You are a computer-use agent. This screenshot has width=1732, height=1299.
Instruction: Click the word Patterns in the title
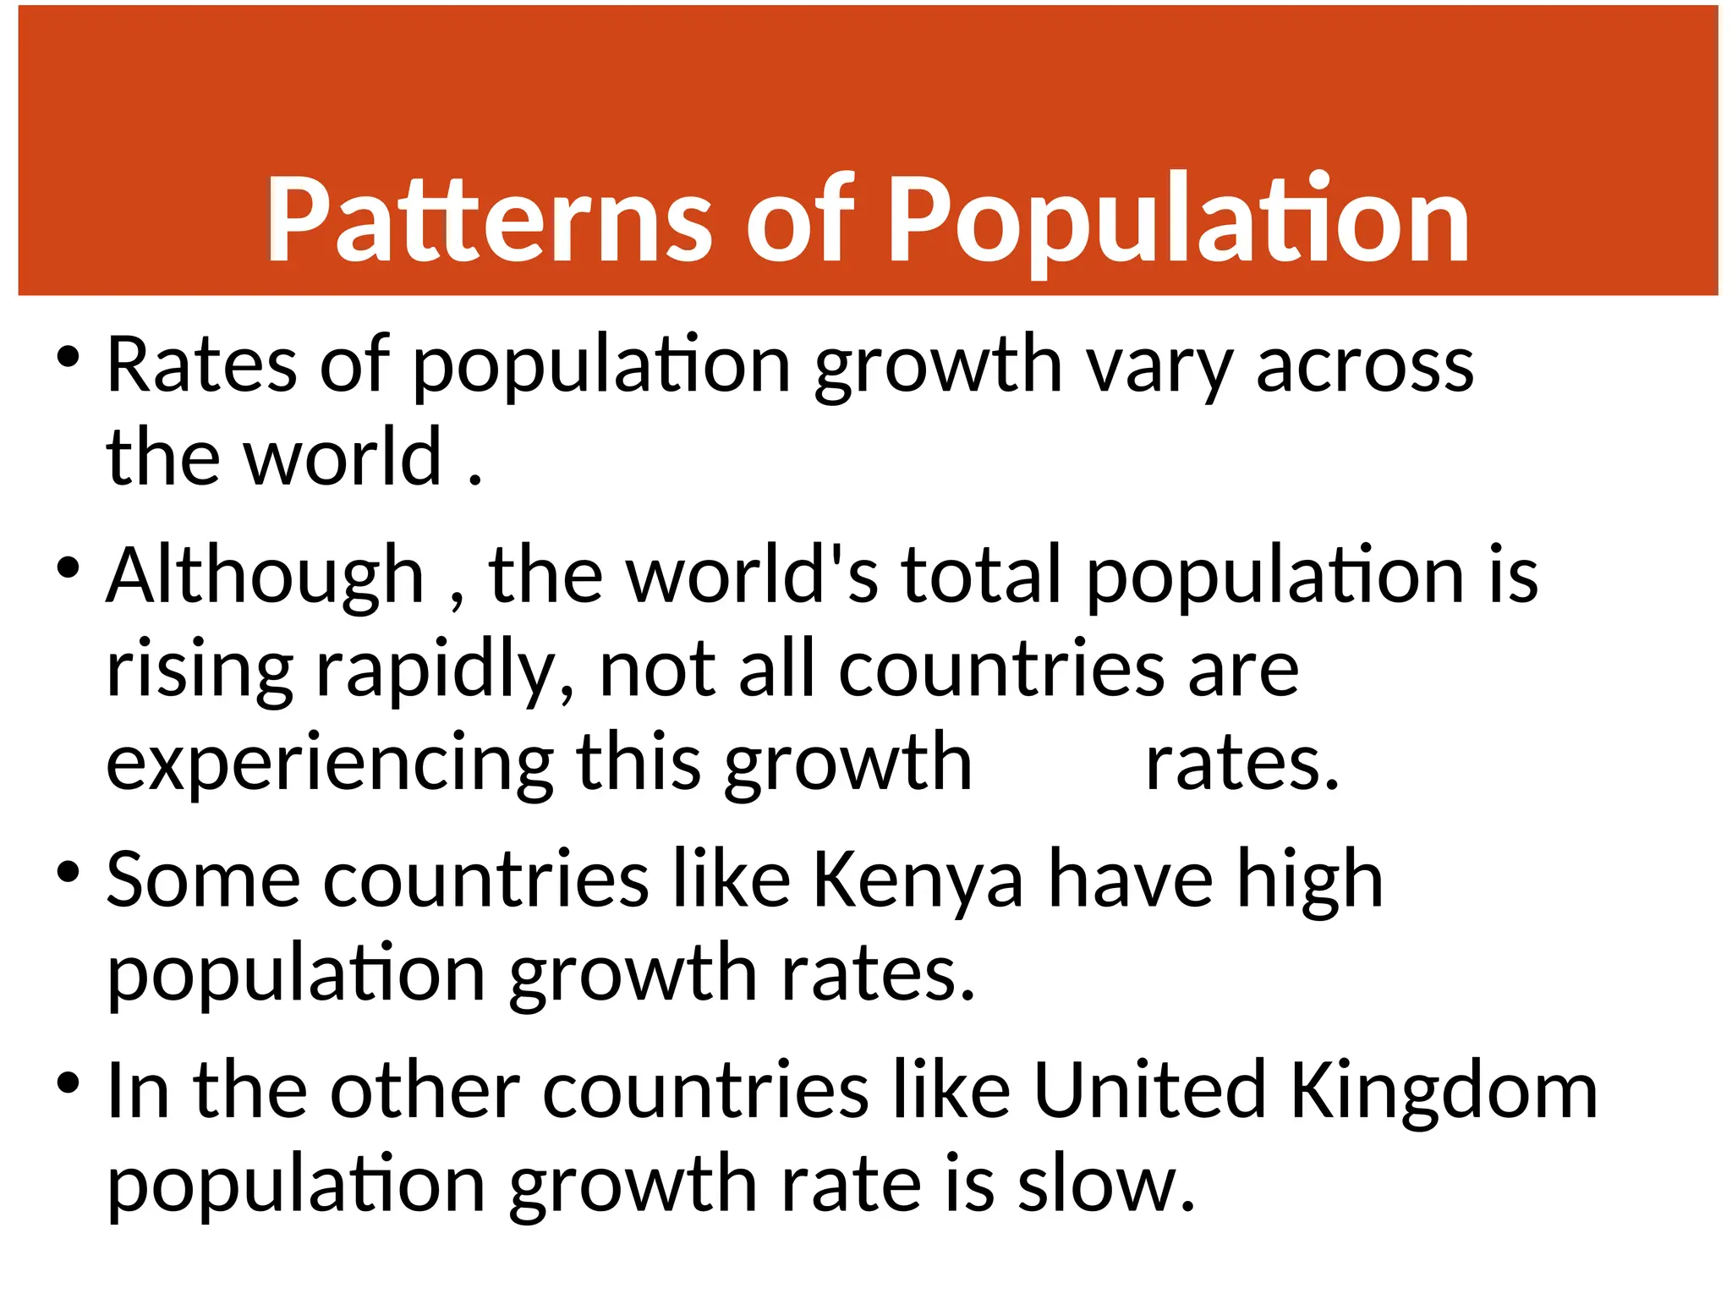point(489,220)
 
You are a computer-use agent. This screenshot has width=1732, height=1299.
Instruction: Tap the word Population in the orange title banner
point(1177,220)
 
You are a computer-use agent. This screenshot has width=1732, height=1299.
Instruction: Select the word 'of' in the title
point(800,220)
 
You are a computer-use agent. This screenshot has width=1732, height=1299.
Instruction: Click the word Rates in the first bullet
point(201,365)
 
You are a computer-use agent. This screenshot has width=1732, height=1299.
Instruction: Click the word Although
point(265,577)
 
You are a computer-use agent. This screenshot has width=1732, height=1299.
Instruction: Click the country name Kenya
point(918,882)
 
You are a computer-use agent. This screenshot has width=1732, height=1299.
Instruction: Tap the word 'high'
point(1310,882)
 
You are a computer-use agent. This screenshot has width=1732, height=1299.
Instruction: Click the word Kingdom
point(1444,1093)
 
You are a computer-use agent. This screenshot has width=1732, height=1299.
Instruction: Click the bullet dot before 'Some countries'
point(69,872)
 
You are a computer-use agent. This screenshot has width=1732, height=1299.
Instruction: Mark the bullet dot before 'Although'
point(69,567)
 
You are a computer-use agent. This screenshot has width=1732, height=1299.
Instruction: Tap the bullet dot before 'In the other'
point(69,1082)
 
